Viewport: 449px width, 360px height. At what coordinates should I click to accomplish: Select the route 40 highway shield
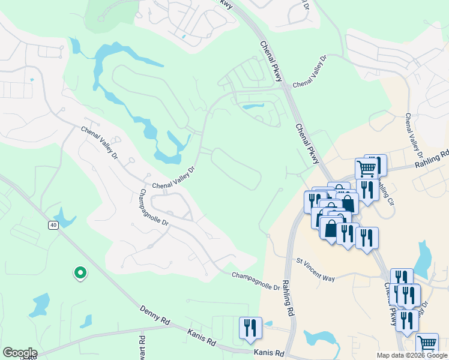click(x=53, y=224)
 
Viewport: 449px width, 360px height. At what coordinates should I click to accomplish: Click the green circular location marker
click(x=80, y=273)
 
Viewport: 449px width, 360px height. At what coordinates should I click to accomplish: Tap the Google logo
click(x=19, y=353)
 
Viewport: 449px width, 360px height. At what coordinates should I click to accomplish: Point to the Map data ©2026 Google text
click(x=412, y=355)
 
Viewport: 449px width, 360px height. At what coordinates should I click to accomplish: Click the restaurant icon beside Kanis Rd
click(x=250, y=328)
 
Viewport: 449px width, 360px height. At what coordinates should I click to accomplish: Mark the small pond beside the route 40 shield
click(x=63, y=217)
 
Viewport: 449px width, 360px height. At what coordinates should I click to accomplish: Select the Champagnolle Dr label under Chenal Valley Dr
click(x=154, y=208)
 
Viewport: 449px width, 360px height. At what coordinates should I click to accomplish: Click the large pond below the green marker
click(x=40, y=305)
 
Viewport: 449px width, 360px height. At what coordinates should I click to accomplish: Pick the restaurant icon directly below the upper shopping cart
click(x=366, y=190)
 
